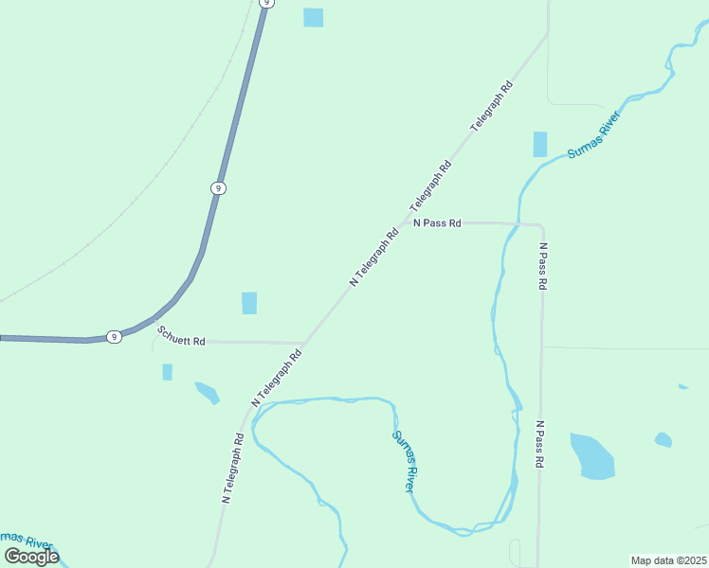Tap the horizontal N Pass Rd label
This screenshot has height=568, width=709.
click(437, 223)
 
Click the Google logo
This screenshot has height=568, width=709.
click(31, 557)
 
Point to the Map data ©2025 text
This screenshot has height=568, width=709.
click(668, 560)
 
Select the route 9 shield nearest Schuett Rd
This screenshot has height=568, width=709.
click(113, 337)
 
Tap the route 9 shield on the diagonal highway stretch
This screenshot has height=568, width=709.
click(218, 188)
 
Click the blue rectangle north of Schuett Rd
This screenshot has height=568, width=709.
click(249, 303)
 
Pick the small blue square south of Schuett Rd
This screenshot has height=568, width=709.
click(168, 372)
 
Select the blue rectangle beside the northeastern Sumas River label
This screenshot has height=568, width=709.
click(540, 144)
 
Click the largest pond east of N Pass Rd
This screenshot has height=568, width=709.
click(591, 456)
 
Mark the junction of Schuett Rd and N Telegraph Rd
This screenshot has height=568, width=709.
click(304, 343)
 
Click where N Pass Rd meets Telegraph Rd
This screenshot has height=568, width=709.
click(404, 223)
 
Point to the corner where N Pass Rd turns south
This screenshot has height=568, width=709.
click(541, 226)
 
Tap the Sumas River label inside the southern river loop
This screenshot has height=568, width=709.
click(404, 461)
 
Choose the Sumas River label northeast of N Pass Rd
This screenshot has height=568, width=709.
click(593, 138)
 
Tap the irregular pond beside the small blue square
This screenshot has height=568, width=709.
click(207, 391)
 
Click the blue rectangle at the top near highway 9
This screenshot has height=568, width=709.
click(313, 17)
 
